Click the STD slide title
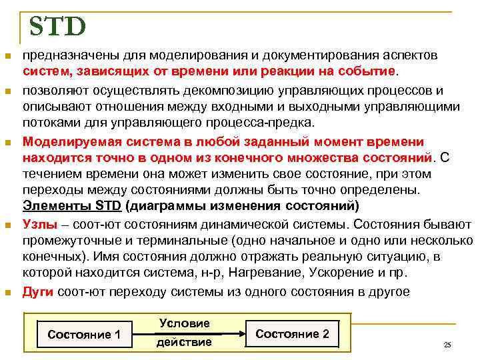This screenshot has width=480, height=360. [x=57, y=27]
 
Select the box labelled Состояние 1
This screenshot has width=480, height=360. [x=84, y=334]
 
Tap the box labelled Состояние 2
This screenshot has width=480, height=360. [x=292, y=333]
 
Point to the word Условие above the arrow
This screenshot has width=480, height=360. [x=184, y=323]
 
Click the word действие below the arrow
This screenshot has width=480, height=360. [x=184, y=342]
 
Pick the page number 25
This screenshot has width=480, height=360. [x=447, y=345]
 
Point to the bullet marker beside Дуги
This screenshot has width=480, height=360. [x=8, y=291]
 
